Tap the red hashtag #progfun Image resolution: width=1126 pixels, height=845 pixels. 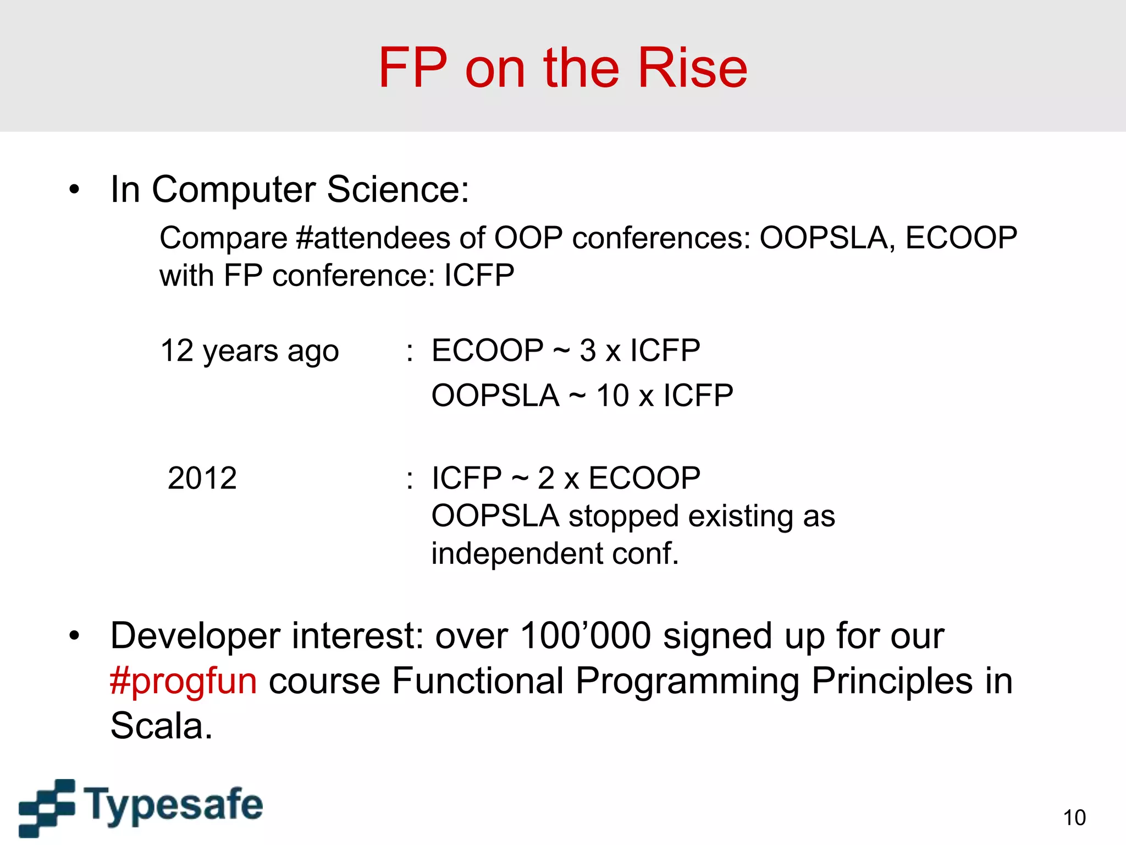coord(183,681)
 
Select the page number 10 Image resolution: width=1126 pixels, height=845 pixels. coord(1074,817)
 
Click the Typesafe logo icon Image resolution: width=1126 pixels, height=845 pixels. coord(47,807)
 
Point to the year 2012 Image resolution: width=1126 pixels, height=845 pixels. coord(202,478)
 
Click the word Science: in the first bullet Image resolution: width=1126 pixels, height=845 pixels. coord(398,189)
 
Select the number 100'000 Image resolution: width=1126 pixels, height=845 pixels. coord(586,636)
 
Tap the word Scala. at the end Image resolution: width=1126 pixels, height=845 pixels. coord(161,726)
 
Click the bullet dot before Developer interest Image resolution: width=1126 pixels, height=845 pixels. coord(74,637)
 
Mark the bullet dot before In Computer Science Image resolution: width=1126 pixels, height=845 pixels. coord(74,190)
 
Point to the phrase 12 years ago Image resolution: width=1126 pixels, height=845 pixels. coord(250,351)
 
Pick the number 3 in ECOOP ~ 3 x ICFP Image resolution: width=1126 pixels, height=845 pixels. coord(588,350)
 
